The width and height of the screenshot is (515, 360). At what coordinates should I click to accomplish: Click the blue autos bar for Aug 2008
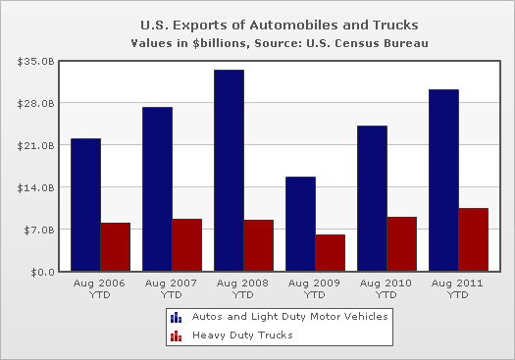click(229, 171)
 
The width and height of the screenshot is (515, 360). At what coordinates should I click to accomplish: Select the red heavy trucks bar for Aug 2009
click(330, 253)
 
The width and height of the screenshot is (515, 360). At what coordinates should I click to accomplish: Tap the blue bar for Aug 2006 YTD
click(85, 205)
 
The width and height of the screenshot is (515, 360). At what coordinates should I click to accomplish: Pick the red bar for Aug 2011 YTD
click(473, 239)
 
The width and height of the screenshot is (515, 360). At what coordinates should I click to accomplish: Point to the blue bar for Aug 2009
click(300, 224)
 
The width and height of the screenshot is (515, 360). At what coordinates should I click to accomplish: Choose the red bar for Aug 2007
click(187, 245)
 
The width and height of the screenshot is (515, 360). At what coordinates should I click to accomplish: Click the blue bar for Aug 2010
click(372, 198)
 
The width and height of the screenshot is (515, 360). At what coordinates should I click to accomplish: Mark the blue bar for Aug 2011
click(443, 180)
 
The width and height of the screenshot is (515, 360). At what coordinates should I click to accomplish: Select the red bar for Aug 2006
click(116, 247)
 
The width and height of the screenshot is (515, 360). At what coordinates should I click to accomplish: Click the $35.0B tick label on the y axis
click(35, 62)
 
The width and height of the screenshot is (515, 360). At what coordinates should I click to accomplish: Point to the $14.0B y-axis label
click(35, 188)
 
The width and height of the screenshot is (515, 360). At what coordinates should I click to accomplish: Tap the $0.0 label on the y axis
click(43, 273)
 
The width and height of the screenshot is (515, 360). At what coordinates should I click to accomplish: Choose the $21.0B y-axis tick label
click(35, 145)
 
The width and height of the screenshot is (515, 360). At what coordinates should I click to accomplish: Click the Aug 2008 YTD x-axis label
click(242, 288)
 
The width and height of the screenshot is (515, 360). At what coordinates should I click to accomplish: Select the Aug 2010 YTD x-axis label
click(386, 288)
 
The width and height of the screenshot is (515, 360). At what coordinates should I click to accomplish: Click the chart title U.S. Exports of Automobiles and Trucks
click(280, 25)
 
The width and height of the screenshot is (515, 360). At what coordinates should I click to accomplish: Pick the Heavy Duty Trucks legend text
click(242, 335)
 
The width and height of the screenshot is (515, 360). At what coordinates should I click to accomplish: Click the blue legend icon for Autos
click(176, 317)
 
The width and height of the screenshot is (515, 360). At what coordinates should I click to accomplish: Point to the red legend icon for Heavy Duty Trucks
click(176, 335)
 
